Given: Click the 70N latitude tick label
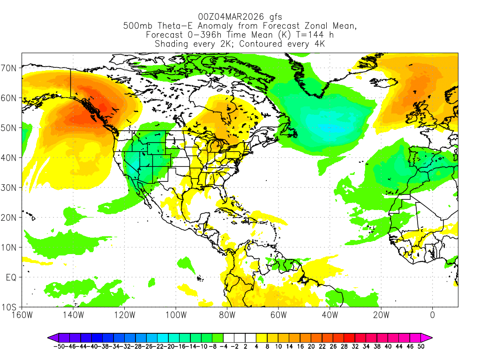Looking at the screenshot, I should click(10, 68).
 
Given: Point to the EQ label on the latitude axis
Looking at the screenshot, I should click(12, 277).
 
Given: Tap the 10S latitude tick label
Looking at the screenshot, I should click(10, 307).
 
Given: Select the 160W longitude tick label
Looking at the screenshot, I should click(22, 315).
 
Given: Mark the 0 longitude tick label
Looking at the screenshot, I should click(432, 315).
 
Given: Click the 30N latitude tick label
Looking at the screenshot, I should click(10, 187).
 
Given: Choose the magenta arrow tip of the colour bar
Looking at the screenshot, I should click(429, 337).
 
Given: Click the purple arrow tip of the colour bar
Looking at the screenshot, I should click(50, 337).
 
